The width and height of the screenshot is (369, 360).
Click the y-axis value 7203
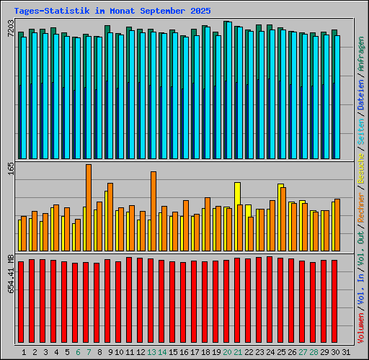pos(11,29)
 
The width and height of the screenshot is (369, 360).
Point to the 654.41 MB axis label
pos(11,274)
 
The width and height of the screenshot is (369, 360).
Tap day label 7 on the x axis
pos(89,352)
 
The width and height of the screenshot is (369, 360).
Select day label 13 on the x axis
pos(151,352)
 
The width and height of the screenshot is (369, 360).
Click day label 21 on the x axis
pos(238,352)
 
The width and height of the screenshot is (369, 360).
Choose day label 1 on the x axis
pos(24,352)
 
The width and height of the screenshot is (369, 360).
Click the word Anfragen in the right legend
pos(361,55)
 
